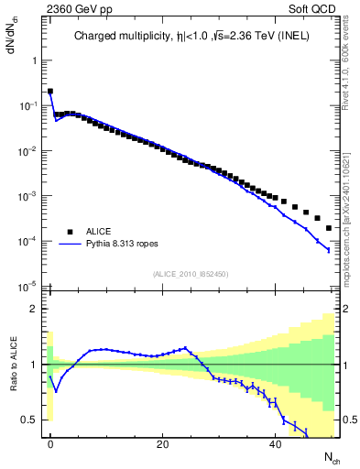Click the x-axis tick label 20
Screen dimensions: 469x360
click(x=162, y=443)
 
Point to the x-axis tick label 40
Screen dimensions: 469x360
click(x=275, y=443)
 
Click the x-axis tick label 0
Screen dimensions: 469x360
click(x=50, y=443)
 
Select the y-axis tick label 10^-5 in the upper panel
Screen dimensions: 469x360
click(x=29, y=286)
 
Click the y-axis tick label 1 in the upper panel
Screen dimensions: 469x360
click(x=35, y=60)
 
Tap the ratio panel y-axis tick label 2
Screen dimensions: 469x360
click(x=35, y=309)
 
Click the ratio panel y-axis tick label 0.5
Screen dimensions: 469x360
click(x=31, y=420)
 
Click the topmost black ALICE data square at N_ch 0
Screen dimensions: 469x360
click(x=50, y=92)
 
